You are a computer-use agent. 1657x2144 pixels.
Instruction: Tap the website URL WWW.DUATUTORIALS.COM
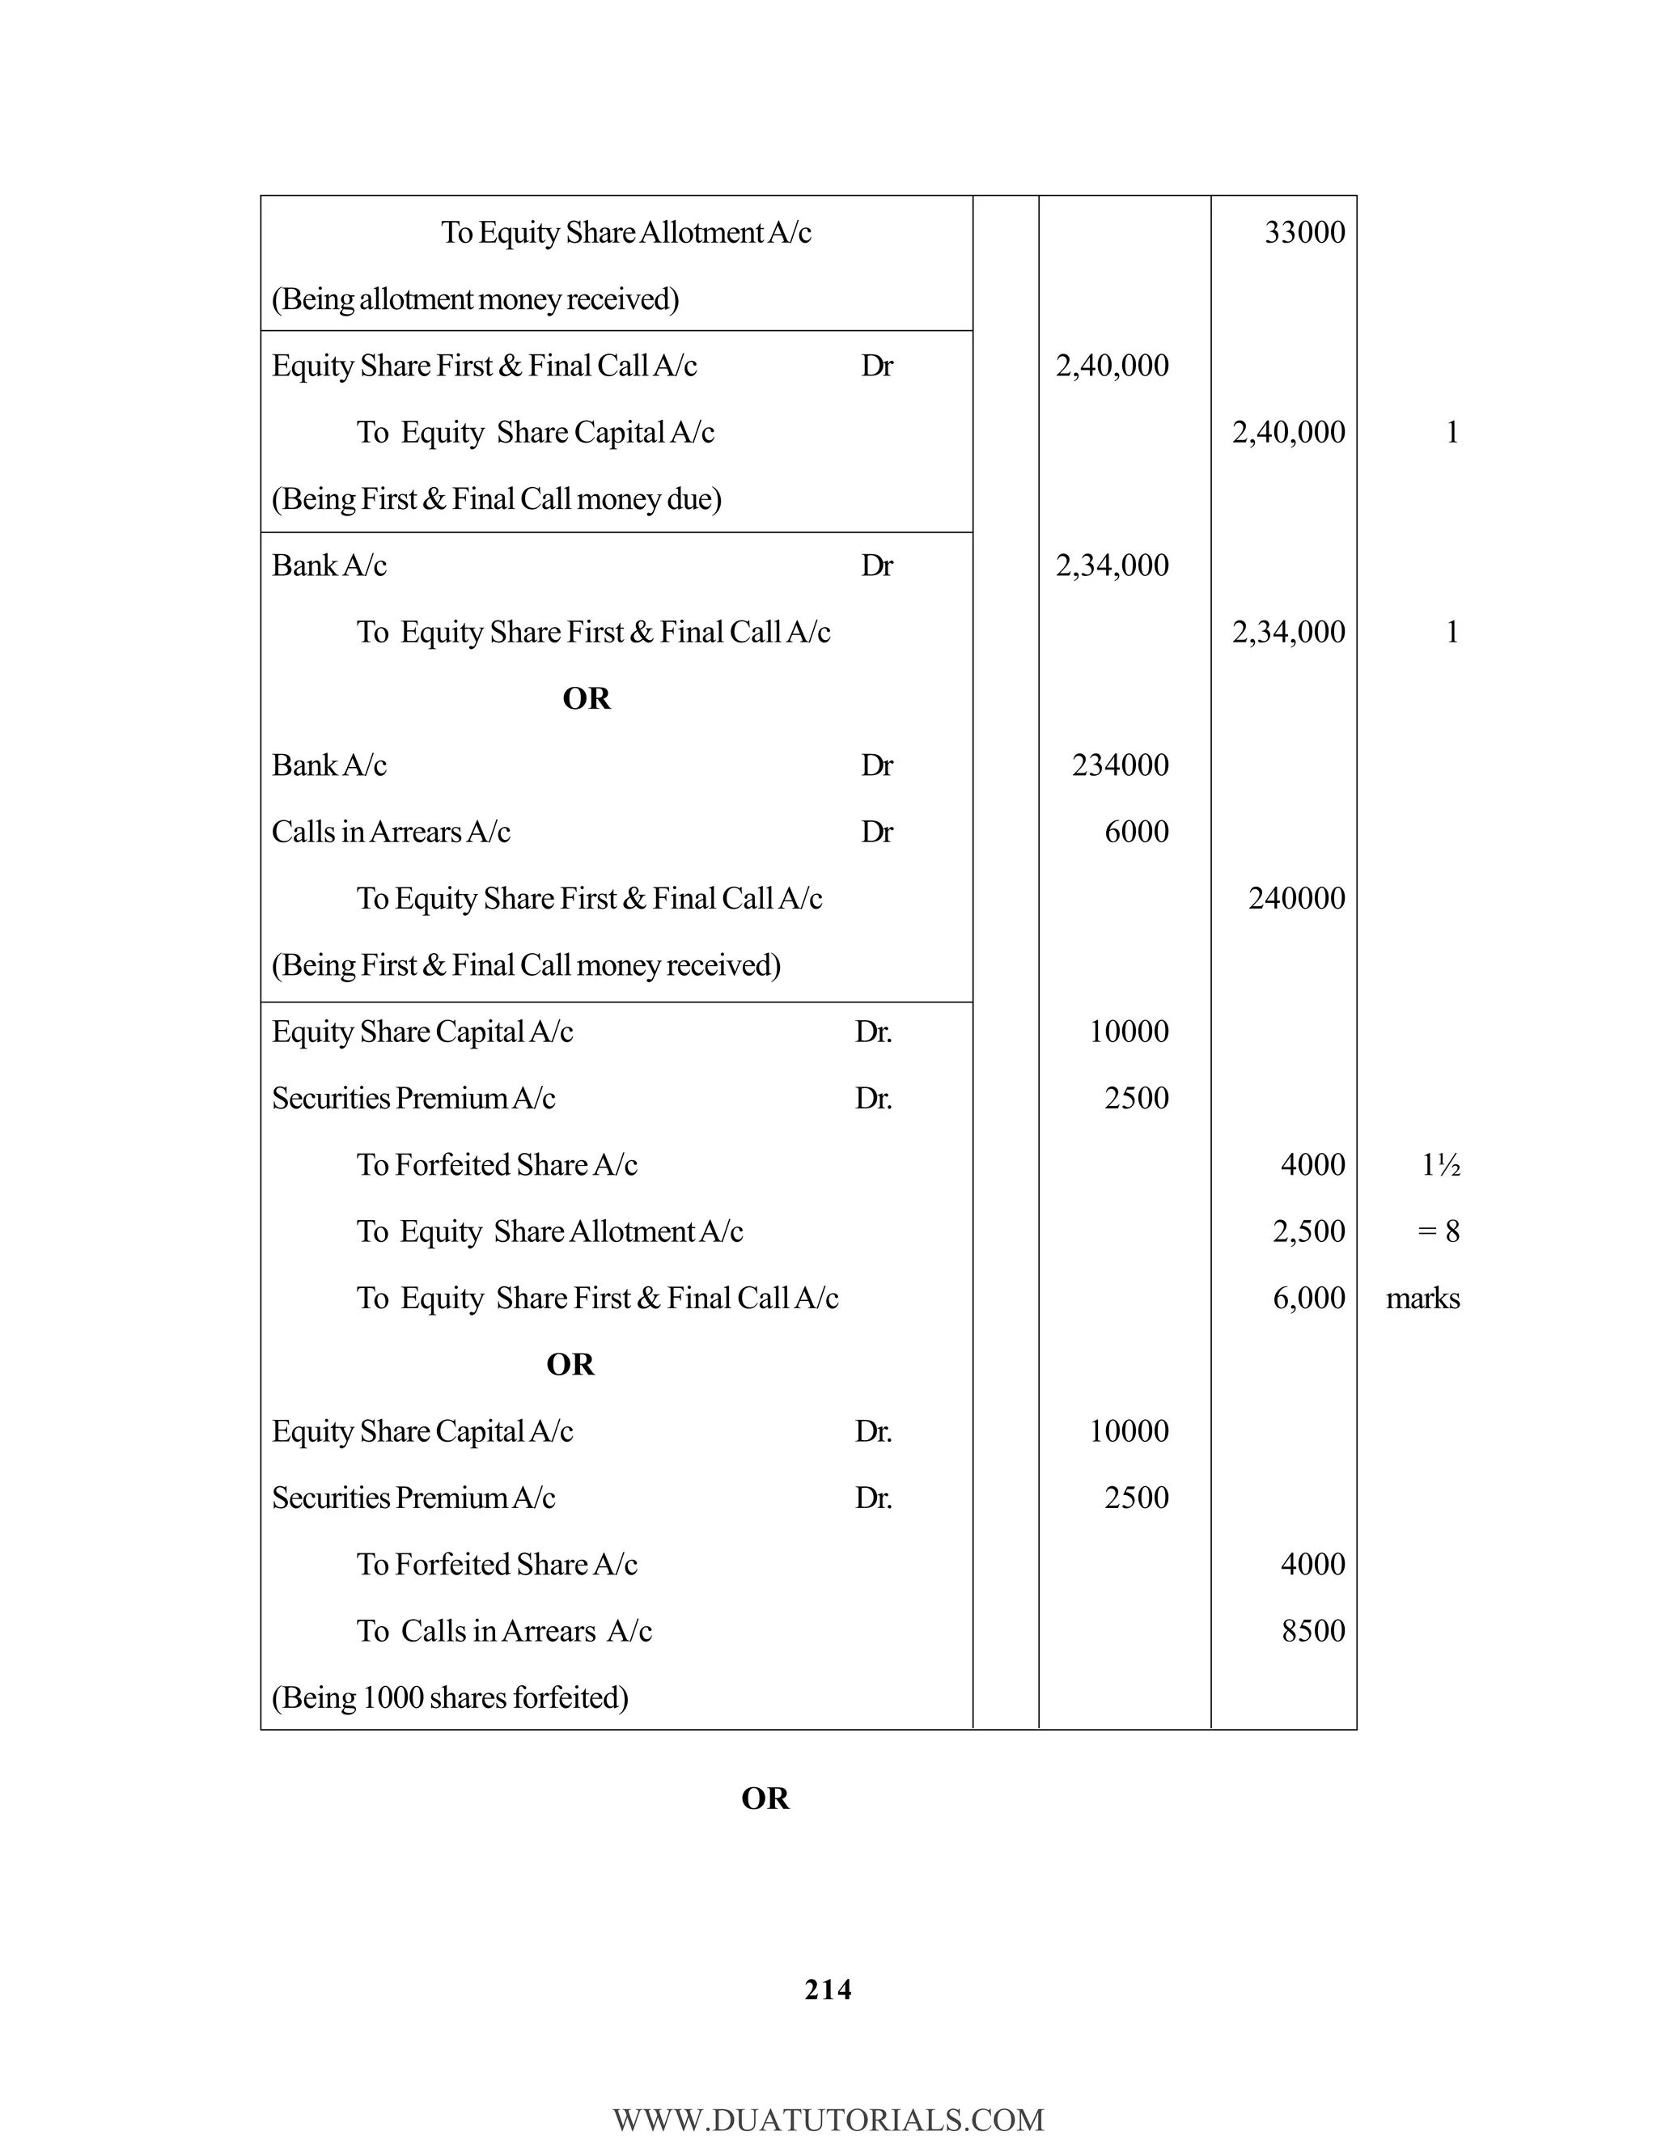coord(828,2118)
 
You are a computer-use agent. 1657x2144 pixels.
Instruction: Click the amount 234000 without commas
coord(1120,765)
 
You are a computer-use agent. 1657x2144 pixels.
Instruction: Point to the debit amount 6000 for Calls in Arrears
coord(1136,832)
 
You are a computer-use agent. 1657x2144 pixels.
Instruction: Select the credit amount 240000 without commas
coord(1296,898)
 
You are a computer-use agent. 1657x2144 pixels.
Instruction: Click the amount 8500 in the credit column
coord(1312,1630)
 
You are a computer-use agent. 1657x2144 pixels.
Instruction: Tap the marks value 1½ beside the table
coord(1440,1165)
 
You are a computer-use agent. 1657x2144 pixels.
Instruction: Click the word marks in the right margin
coord(1422,1299)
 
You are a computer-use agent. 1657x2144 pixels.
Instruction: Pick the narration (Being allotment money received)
coord(475,299)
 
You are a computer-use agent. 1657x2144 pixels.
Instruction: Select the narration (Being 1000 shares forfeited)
coord(450,1697)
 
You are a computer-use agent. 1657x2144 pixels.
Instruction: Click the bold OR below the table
coord(765,1799)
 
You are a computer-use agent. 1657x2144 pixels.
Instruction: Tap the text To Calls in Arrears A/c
coord(503,1630)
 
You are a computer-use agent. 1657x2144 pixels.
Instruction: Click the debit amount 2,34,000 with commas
coord(1112,566)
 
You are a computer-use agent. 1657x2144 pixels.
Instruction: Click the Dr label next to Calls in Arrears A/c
coord(876,832)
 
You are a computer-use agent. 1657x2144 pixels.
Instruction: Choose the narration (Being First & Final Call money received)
coord(526,965)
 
